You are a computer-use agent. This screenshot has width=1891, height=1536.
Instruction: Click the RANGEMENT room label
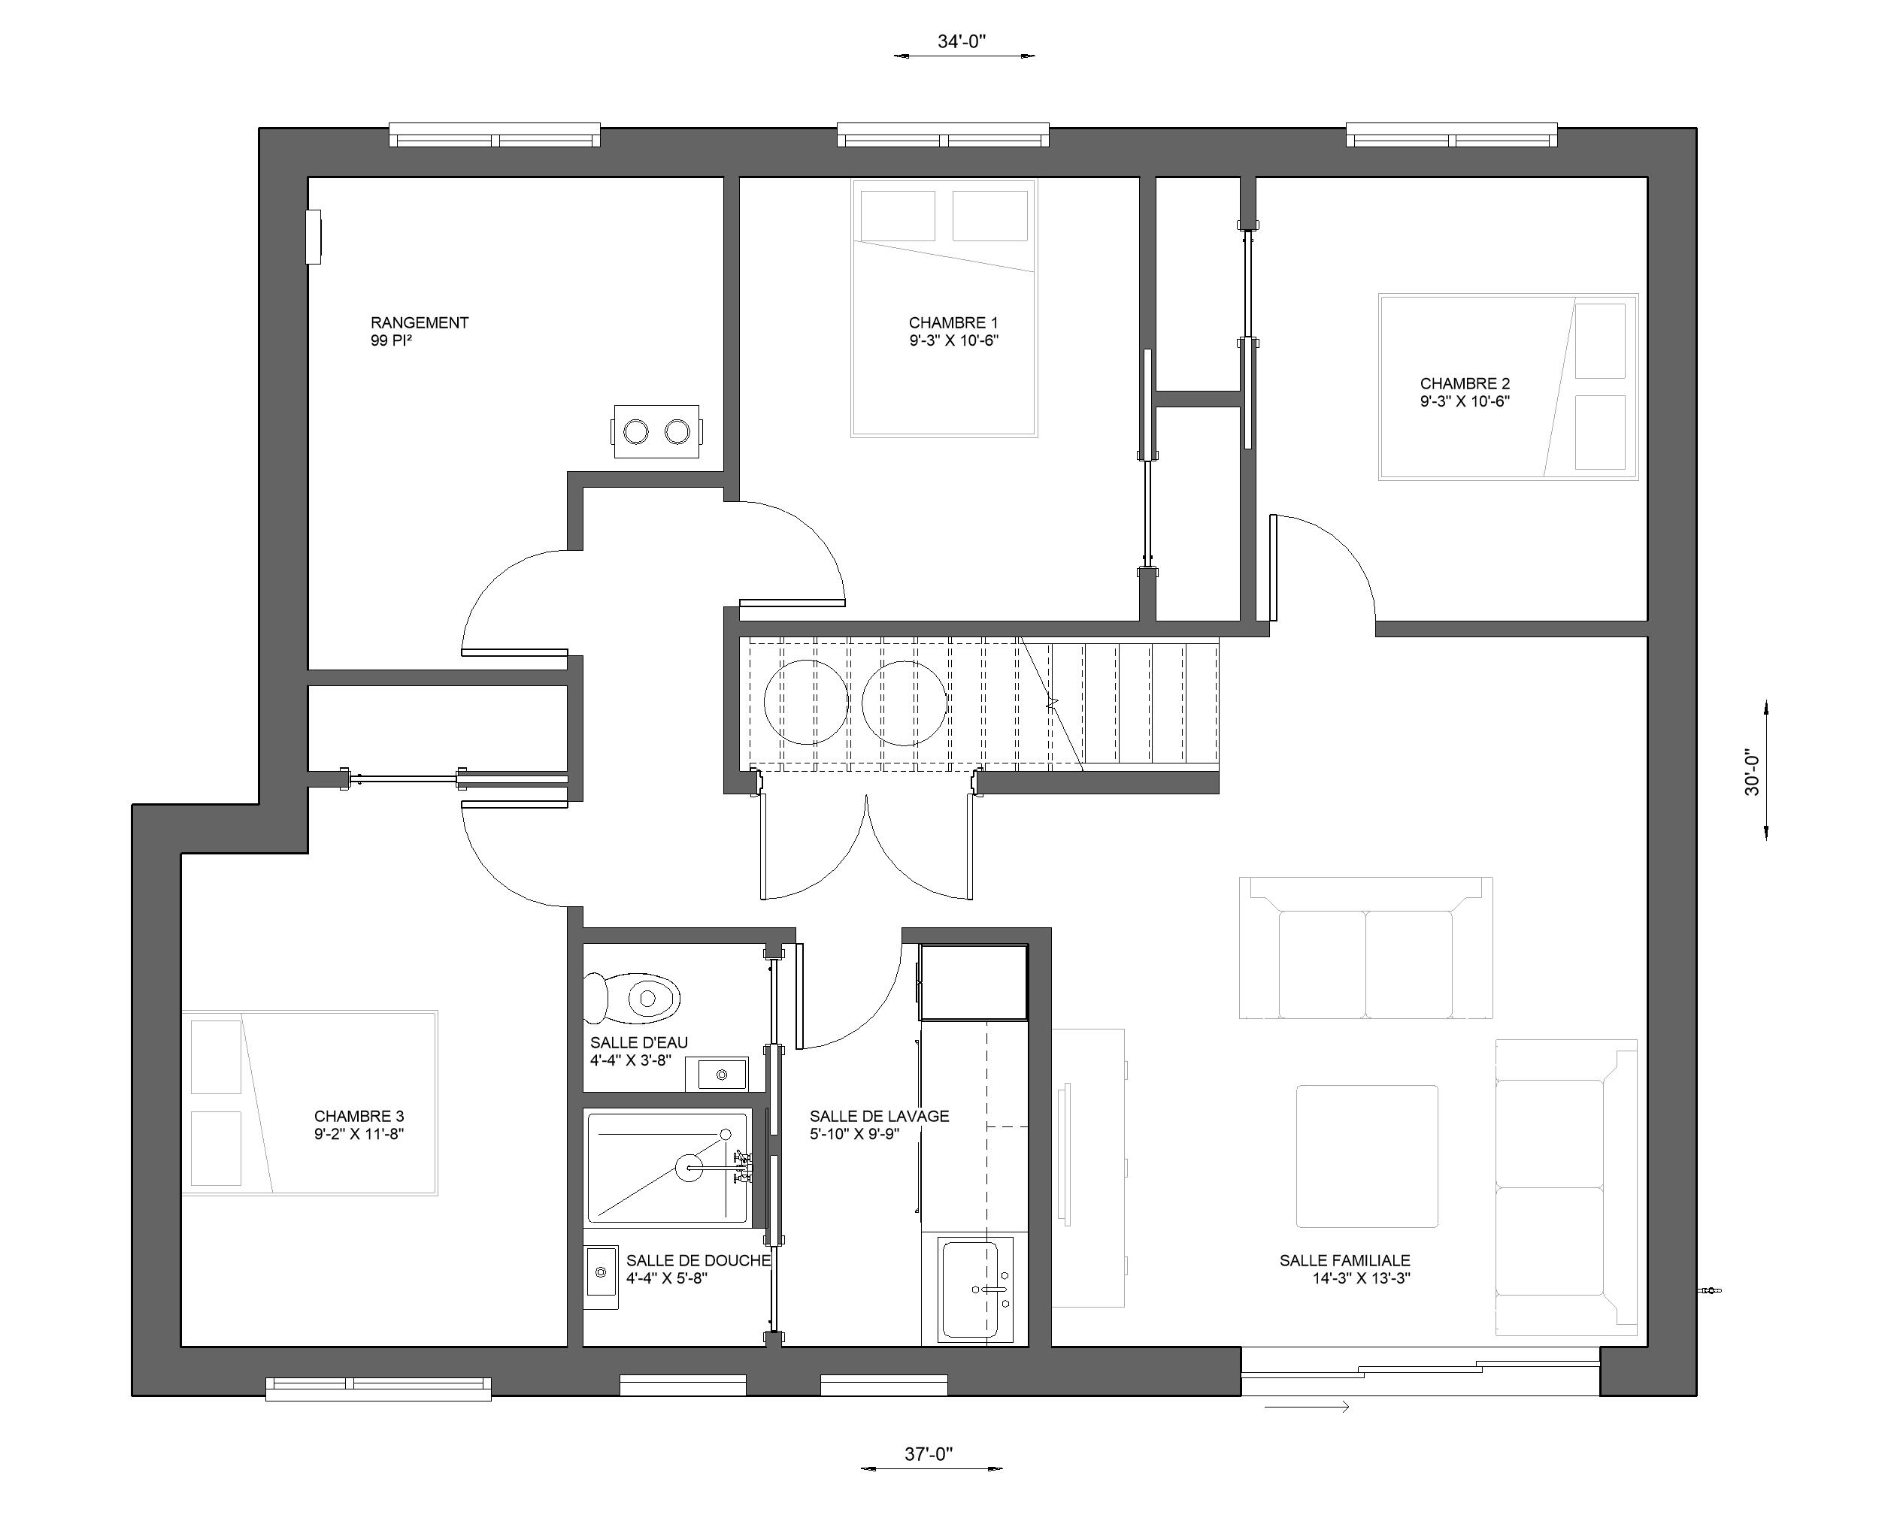click(x=419, y=323)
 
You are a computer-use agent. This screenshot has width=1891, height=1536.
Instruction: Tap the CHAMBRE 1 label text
click(x=953, y=323)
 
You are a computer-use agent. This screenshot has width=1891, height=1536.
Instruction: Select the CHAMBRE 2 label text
click(x=1465, y=383)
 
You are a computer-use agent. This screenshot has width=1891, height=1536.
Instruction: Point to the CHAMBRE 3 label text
click(x=359, y=1117)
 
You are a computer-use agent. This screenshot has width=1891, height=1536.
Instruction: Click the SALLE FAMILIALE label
click(x=1345, y=1261)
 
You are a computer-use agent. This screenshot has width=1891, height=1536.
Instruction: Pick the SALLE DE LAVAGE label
click(x=879, y=1117)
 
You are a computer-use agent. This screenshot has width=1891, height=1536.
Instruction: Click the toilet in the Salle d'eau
click(x=632, y=998)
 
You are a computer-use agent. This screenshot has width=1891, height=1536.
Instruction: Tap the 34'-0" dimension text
click(x=962, y=41)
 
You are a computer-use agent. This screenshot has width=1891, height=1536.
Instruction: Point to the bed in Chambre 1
click(x=944, y=308)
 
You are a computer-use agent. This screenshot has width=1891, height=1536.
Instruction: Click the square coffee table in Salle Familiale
click(x=1367, y=1157)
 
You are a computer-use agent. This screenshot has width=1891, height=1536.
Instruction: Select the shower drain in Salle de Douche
click(x=689, y=1168)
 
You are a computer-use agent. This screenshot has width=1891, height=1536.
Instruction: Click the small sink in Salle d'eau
click(x=722, y=1074)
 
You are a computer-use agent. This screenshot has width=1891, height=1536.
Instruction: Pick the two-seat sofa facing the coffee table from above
click(x=1366, y=948)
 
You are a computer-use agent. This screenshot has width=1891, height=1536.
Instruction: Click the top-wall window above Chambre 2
click(x=1451, y=135)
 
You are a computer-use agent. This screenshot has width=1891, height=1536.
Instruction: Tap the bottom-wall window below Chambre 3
click(x=379, y=1388)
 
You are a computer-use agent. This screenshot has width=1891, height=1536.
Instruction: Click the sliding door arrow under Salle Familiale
click(x=1307, y=1407)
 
